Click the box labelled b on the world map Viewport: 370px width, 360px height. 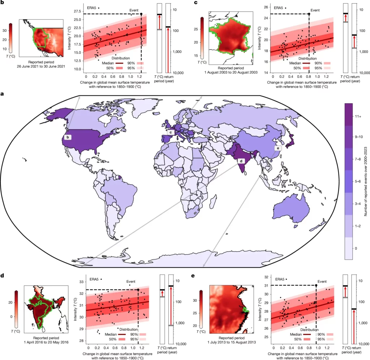(x=68, y=137)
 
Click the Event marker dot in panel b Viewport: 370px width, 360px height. (x=141, y=14)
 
